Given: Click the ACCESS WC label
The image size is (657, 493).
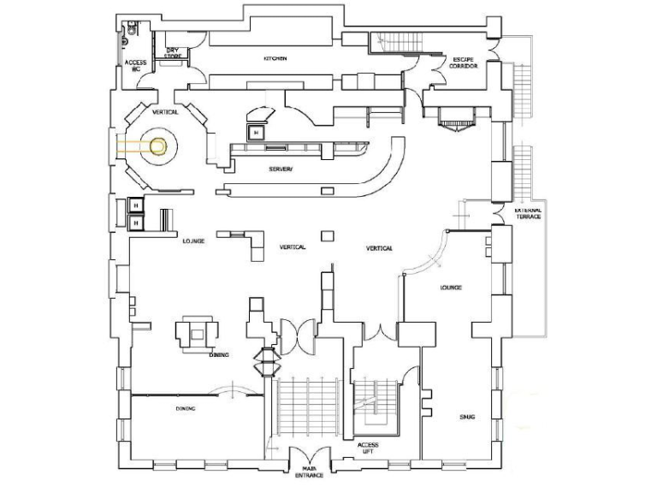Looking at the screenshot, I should (x=136, y=67).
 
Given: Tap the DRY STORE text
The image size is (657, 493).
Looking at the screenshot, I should (x=173, y=54).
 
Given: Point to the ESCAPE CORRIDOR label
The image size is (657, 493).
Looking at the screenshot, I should (x=465, y=62).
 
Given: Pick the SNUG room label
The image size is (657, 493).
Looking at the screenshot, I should (x=466, y=416).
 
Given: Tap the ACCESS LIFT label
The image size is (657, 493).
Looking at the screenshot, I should (x=369, y=448).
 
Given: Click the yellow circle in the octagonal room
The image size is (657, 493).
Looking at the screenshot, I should (x=157, y=146).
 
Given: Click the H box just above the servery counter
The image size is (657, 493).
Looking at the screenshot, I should (x=256, y=132).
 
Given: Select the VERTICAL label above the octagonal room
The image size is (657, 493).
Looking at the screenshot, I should (x=165, y=112).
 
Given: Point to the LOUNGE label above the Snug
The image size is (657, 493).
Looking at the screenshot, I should (x=451, y=288).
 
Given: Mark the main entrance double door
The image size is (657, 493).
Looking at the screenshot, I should (x=307, y=455).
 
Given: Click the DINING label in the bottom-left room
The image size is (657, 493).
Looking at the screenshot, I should (x=186, y=408).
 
